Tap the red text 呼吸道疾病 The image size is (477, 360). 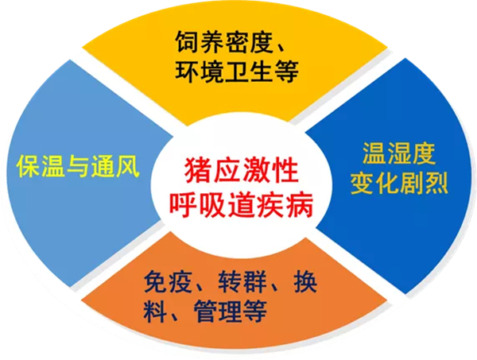pyautogui.click(x=238, y=204)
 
